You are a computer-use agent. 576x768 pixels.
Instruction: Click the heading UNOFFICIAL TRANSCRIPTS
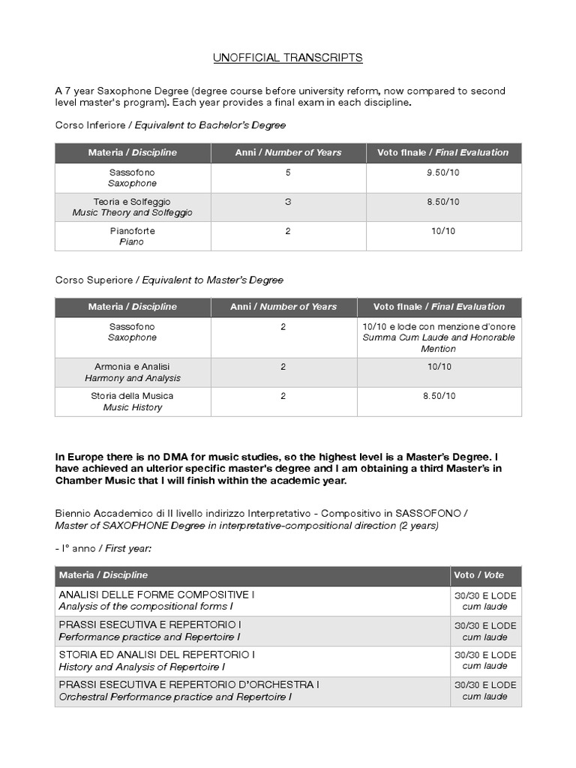(288, 58)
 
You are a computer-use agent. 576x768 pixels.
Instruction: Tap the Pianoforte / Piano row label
(132, 236)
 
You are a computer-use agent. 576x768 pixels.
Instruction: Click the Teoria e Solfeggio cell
(132, 207)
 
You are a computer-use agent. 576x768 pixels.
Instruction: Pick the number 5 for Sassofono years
(288, 172)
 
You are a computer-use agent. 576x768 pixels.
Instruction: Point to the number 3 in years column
(288, 202)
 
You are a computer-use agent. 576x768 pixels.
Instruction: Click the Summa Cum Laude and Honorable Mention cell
(439, 337)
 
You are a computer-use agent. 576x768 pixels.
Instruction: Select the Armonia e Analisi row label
(132, 372)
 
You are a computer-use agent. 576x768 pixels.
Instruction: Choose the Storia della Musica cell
(132, 401)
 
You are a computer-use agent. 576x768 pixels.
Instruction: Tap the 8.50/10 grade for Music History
(439, 396)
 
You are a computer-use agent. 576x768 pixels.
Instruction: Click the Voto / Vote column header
(479, 575)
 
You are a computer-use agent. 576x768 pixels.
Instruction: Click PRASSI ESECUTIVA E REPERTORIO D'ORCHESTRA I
(189, 685)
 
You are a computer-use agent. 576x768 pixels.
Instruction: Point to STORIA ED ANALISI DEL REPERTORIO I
(156, 655)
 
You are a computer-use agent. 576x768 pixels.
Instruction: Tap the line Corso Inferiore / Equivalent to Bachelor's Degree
(170, 125)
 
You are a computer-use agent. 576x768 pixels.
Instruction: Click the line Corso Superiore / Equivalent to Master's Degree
(169, 280)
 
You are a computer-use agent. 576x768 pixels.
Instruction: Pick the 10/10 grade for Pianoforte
(443, 231)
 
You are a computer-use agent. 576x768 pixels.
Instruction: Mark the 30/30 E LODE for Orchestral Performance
(485, 685)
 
